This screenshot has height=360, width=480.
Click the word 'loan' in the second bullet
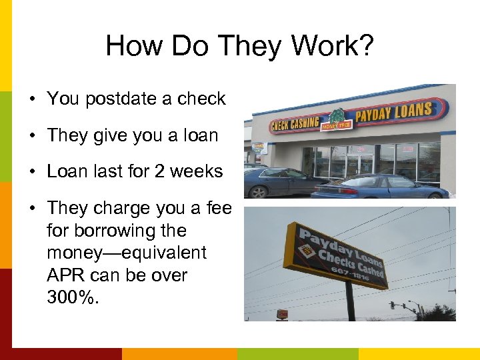tap(200, 135)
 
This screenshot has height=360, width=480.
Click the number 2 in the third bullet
tap(159, 171)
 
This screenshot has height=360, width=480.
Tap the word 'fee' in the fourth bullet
tap(219, 208)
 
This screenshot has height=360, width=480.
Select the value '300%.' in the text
tap(73, 297)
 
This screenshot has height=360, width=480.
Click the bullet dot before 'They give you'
tap(32, 136)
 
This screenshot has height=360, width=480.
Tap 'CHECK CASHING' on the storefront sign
tap(295, 124)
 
